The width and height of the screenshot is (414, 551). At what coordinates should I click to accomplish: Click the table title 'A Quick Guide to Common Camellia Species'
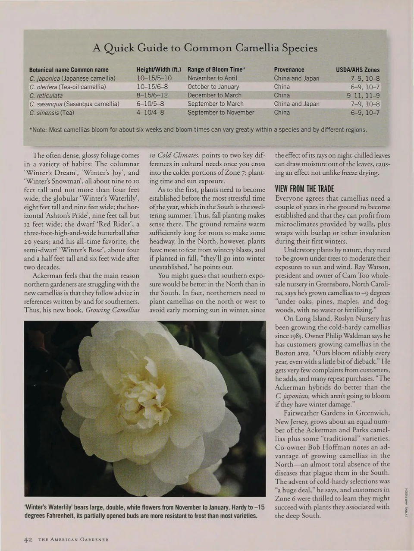pos(205,48)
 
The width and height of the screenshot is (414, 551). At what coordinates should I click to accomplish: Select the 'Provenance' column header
pos(289,69)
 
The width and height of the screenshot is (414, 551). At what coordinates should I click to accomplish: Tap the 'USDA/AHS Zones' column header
pos(358,69)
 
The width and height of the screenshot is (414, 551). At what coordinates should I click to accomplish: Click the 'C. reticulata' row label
pos(46,95)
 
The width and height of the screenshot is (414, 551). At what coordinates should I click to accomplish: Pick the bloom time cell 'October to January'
pos(213,87)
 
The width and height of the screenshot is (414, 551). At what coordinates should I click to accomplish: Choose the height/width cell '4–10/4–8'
pos(150,113)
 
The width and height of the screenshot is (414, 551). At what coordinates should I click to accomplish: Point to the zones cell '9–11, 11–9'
pos(363,95)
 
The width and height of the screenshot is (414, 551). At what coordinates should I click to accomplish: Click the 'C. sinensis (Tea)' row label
pos(51,113)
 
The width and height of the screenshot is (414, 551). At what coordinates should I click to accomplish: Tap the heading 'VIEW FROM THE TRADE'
pos(304,189)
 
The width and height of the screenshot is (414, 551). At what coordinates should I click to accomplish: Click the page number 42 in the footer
pos(28,539)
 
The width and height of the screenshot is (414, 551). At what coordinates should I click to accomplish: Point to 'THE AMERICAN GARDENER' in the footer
pos(73,540)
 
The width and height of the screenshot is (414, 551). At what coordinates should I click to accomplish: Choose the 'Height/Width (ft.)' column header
pos(158,69)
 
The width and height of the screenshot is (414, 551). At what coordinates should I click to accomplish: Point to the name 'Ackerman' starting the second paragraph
pos(47,276)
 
